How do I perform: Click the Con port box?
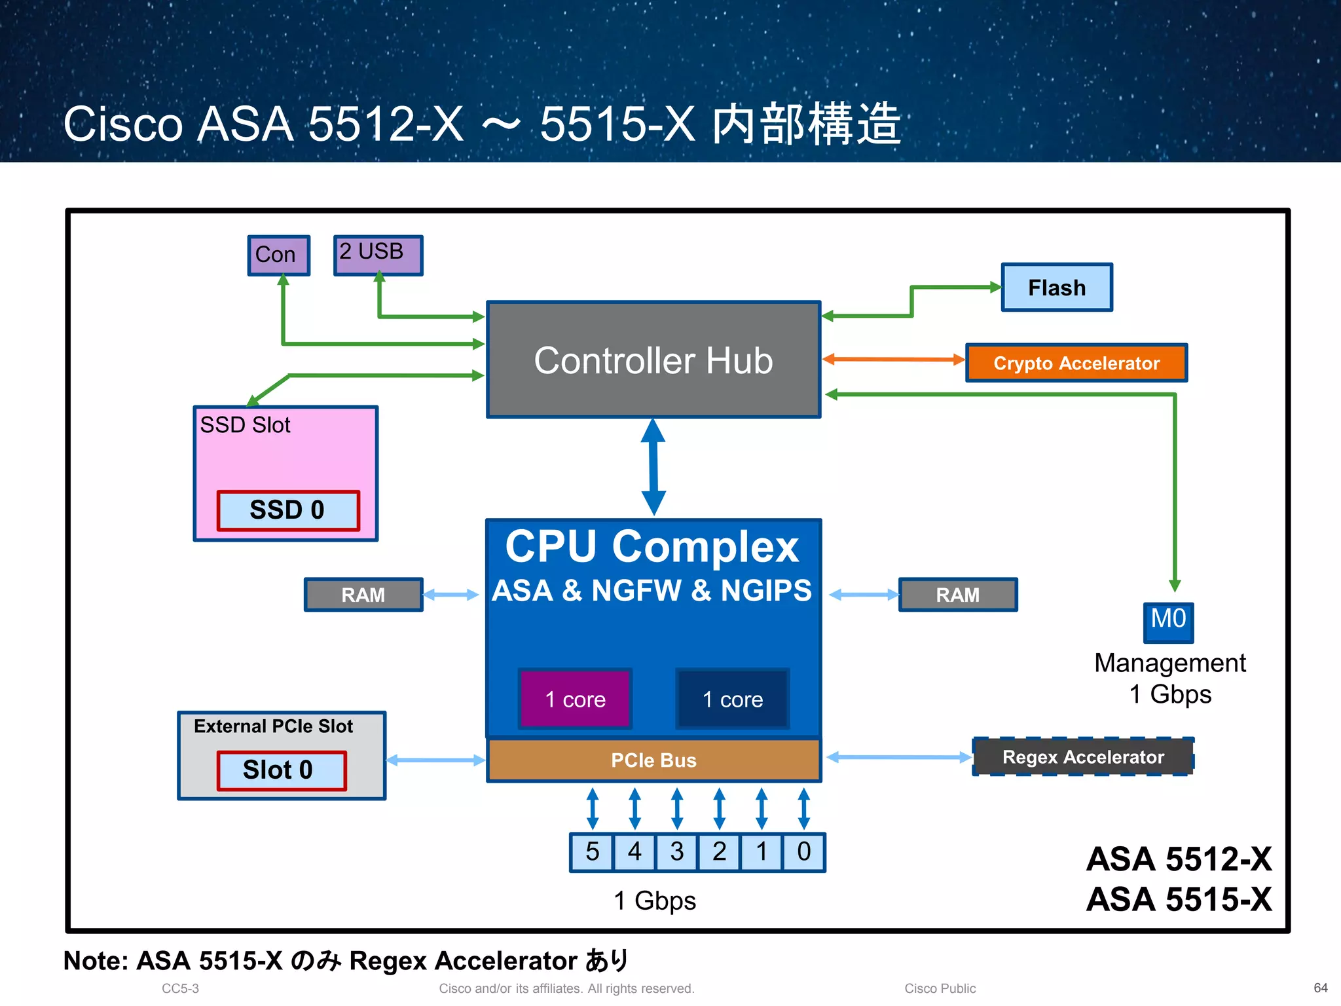(x=278, y=255)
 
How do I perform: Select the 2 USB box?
(x=378, y=255)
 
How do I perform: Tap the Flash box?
(x=1056, y=288)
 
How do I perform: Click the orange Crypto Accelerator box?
(x=1076, y=363)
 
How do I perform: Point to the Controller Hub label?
(x=653, y=361)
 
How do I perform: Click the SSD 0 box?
(x=287, y=510)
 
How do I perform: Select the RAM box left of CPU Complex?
(x=363, y=595)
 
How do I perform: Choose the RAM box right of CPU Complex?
(x=957, y=595)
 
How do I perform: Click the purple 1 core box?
(x=575, y=699)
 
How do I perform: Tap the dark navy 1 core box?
(x=732, y=699)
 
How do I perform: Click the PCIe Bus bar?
(x=653, y=760)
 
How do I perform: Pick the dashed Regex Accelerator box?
(x=1082, y=757)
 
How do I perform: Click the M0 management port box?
(x=1168, y=622)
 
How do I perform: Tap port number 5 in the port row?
(x=592, y=852)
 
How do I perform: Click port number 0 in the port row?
(x=803, y=852)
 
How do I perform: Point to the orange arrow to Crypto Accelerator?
(x=893, y=359)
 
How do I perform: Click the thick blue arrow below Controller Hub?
(x=653, y=467)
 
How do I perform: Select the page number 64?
(x=1320, y=988)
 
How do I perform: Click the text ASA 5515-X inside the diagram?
(x=1179, y=899)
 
